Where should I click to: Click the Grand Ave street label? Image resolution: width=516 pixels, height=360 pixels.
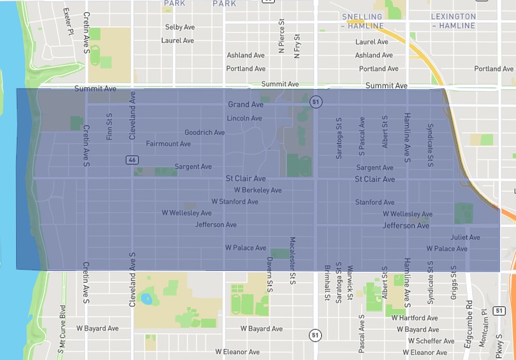point(245,105)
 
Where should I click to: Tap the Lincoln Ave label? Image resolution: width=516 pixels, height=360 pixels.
point(244,118)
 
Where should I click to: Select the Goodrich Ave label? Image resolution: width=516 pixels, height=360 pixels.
point(204,132)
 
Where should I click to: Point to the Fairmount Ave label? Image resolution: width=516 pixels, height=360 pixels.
point(168,144)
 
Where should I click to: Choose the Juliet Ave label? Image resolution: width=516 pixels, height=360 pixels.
point(465,238)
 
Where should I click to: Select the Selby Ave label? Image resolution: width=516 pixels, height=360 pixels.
point(180,27)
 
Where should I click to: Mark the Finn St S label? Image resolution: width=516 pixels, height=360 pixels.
point(109,126)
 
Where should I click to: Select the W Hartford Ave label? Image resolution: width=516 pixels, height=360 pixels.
point(414,318)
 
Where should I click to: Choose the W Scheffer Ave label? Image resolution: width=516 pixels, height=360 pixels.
point(430,341)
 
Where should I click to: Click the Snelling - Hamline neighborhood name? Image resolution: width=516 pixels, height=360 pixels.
point(362,21)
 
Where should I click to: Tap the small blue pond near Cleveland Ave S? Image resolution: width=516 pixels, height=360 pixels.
point(146,300)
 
